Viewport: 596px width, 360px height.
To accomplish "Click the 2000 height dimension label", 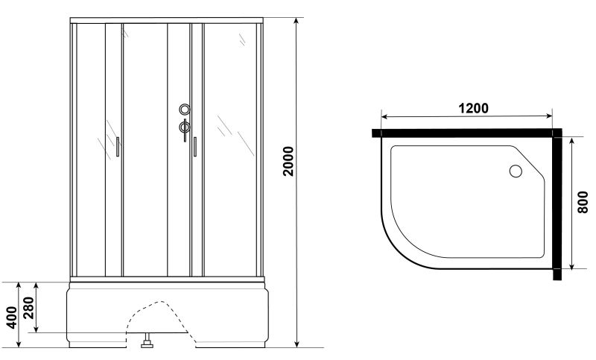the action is [x=289, y=161].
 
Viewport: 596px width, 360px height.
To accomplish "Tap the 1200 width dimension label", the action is [x=473, y=108].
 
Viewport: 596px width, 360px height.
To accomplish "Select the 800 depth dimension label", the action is [x=583, y=202].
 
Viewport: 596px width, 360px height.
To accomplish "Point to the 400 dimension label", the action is [x=12, y=318].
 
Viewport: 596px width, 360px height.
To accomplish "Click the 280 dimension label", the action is [x=29, y=308].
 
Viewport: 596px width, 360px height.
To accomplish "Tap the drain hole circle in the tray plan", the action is [x=516, y=171].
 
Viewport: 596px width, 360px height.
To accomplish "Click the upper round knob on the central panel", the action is [x=185, y=110].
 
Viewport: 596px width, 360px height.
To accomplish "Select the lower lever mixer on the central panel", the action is [x=185, y=129].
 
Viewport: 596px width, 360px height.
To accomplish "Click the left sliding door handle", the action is [x=118, y=147].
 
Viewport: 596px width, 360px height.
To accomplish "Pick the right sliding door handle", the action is [x=195, y=147].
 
